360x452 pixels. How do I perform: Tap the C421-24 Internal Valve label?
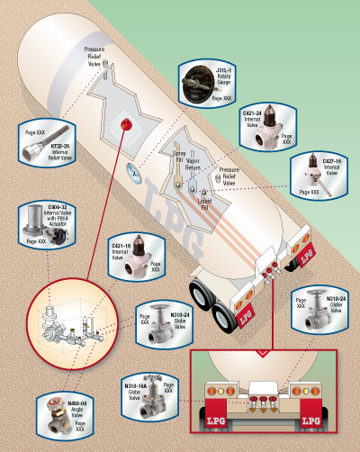pos(253,120)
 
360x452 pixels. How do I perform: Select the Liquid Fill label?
pos(209,205)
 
